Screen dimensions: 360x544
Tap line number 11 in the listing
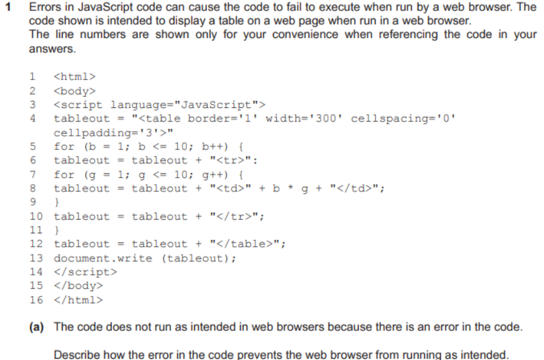coord(36,230)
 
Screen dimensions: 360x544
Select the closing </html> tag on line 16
coord(76,300)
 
